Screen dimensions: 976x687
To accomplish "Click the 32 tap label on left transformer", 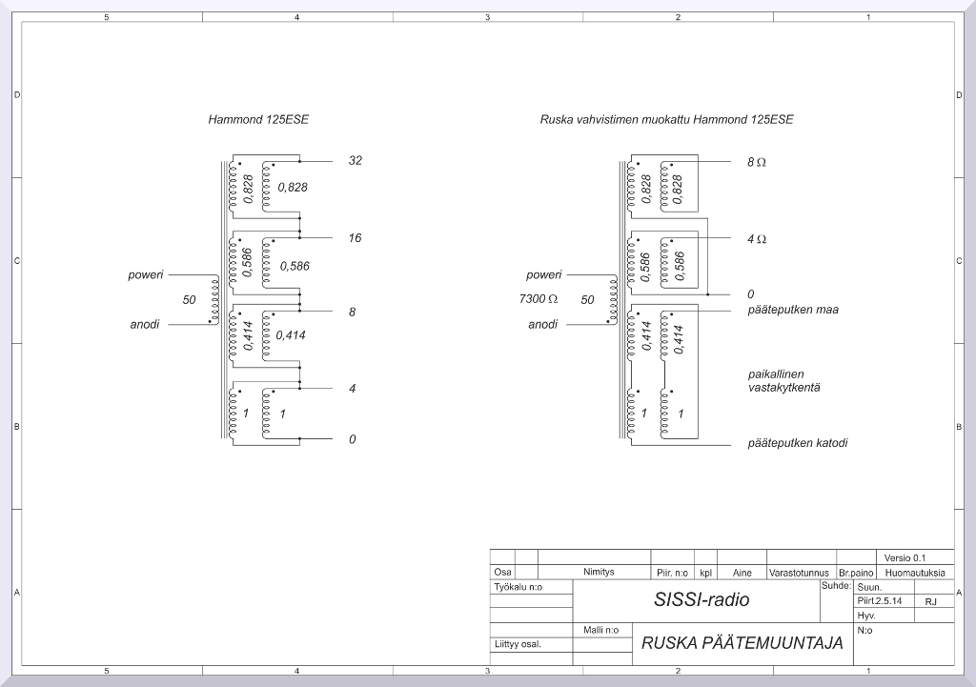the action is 355,160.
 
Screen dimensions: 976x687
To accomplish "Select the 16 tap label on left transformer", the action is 355,237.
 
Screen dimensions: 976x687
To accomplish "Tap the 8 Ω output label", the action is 756,162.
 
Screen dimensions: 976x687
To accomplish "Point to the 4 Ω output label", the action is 756,239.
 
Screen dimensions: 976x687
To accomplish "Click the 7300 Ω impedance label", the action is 538,299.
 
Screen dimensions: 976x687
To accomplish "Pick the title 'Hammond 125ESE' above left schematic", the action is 258,119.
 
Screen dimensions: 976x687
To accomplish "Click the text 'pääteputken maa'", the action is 793,310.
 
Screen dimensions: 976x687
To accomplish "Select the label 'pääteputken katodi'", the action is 798,443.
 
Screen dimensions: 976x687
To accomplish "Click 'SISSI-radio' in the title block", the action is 701,599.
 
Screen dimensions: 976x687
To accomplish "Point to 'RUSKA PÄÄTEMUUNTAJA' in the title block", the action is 742,643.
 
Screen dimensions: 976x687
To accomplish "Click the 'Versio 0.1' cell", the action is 905,558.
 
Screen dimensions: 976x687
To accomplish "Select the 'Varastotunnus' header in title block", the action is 800,573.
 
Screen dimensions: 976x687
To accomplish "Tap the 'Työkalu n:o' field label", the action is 518,587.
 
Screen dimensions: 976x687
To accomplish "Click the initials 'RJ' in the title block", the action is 930,602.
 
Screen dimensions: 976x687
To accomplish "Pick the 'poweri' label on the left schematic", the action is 146,275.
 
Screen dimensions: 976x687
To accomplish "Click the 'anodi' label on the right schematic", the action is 542,324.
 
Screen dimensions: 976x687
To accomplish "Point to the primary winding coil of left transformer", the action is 215,300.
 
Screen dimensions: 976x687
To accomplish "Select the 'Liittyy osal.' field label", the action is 518,644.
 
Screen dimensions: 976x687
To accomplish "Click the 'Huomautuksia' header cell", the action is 915,573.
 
